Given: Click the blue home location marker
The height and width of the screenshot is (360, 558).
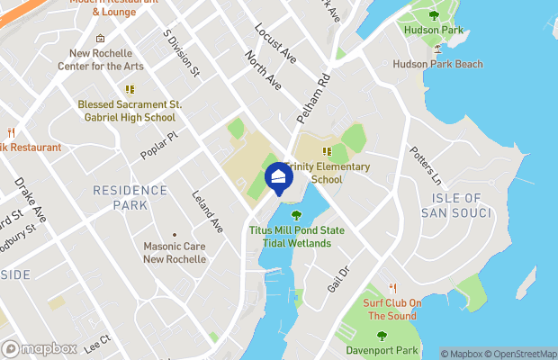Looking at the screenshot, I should tap(278, 177).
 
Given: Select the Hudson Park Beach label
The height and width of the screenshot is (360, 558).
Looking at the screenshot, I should tap(437, 64).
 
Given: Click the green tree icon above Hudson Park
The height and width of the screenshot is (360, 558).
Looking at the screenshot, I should tap(435, 14).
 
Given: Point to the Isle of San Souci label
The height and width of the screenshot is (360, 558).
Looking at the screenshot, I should tap(456, 205).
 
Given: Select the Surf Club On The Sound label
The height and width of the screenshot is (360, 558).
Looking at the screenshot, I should tap(391, 310).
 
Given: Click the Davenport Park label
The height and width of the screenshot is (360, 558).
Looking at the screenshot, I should tap(382, 349).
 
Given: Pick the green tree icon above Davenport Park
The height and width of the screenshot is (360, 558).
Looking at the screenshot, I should tap(382, 335).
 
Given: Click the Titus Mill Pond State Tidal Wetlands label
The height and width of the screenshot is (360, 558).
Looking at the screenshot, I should tap(296, 237).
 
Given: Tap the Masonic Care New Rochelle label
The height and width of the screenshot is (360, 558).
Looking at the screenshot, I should tap(175, 253).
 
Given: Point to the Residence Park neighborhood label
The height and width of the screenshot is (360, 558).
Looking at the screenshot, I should tap(130, 198).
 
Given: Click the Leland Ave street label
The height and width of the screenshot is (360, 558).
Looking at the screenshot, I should tap(207, 211).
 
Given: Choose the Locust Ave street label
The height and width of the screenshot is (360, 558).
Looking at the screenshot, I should tap(275, 42).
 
